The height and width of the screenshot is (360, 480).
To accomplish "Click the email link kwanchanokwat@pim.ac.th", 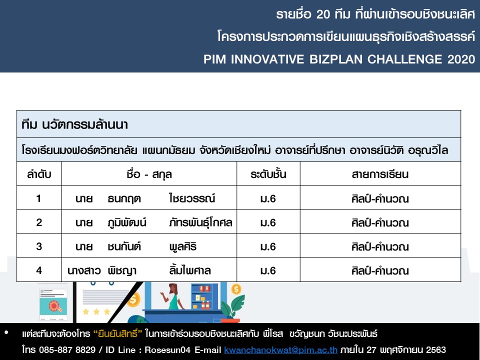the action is point(280,349).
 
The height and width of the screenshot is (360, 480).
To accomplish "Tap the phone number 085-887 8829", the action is point(67,349).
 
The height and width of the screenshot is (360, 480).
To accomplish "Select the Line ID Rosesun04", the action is point(167,349).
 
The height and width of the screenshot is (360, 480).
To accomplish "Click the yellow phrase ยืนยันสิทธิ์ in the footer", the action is point(117,333).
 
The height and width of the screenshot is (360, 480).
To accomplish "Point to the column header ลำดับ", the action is point(39,174).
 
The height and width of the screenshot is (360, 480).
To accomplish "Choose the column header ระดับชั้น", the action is point(268,174).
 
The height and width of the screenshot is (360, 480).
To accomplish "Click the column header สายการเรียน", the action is point(380,174).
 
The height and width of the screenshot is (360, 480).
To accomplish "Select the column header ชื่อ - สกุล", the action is point(149,174).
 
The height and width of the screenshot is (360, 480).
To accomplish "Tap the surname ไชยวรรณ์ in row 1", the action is point(192,198).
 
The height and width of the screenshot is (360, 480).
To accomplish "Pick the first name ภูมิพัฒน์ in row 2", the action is point(127,222).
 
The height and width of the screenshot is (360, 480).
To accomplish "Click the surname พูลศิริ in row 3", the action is point(183,246).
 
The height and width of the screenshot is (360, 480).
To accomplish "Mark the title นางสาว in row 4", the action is point(84,270).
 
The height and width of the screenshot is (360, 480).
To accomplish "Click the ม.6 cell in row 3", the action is point(268,246).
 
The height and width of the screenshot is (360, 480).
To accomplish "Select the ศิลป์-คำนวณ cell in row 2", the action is point(380,222).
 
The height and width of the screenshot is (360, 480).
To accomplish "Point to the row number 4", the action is point(39,270).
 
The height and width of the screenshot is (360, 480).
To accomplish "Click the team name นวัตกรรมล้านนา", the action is point(85,124).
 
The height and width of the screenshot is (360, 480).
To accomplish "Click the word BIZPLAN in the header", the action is point(336,59).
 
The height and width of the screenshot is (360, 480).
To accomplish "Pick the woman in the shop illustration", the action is point(172,296).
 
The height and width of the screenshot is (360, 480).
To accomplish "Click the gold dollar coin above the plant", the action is point(236,289).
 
